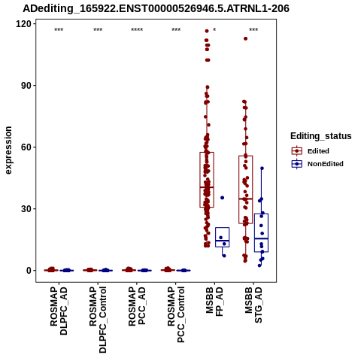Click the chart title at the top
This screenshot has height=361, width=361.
click(x=156, y=8)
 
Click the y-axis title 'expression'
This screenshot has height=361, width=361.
click(x=8, y=150)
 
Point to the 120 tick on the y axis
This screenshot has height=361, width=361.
click(x=24, y=24)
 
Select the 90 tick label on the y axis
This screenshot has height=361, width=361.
click(x=26, y=86)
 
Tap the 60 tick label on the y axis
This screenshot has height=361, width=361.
click(x=26, y=147)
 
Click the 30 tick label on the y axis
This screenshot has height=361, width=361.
click(x=26, y=209)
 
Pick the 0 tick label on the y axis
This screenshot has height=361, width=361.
click(x=29, y=271)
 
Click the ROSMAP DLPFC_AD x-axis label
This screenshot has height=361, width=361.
click(x=59, y=311)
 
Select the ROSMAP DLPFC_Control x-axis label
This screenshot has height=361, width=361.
click(x=98, y=320)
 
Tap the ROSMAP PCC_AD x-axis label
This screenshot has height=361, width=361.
click(x=137, y=306)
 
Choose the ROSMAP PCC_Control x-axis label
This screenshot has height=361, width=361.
click(x=176, y=315)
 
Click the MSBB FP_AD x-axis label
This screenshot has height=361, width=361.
click(x=214, y=302)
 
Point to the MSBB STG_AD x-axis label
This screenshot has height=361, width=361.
click(x=253, y=305)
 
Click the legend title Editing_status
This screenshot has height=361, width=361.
click(x=321, y=136)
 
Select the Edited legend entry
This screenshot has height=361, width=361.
click(x=318, y=151)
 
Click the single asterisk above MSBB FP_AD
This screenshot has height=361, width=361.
click(x=214, y=30)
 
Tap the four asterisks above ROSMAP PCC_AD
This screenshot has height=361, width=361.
click(x=137, y=30)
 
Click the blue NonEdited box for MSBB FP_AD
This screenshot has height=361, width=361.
click(x=223, y=237)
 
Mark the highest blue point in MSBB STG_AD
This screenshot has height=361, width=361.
click(x=262, y=168)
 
